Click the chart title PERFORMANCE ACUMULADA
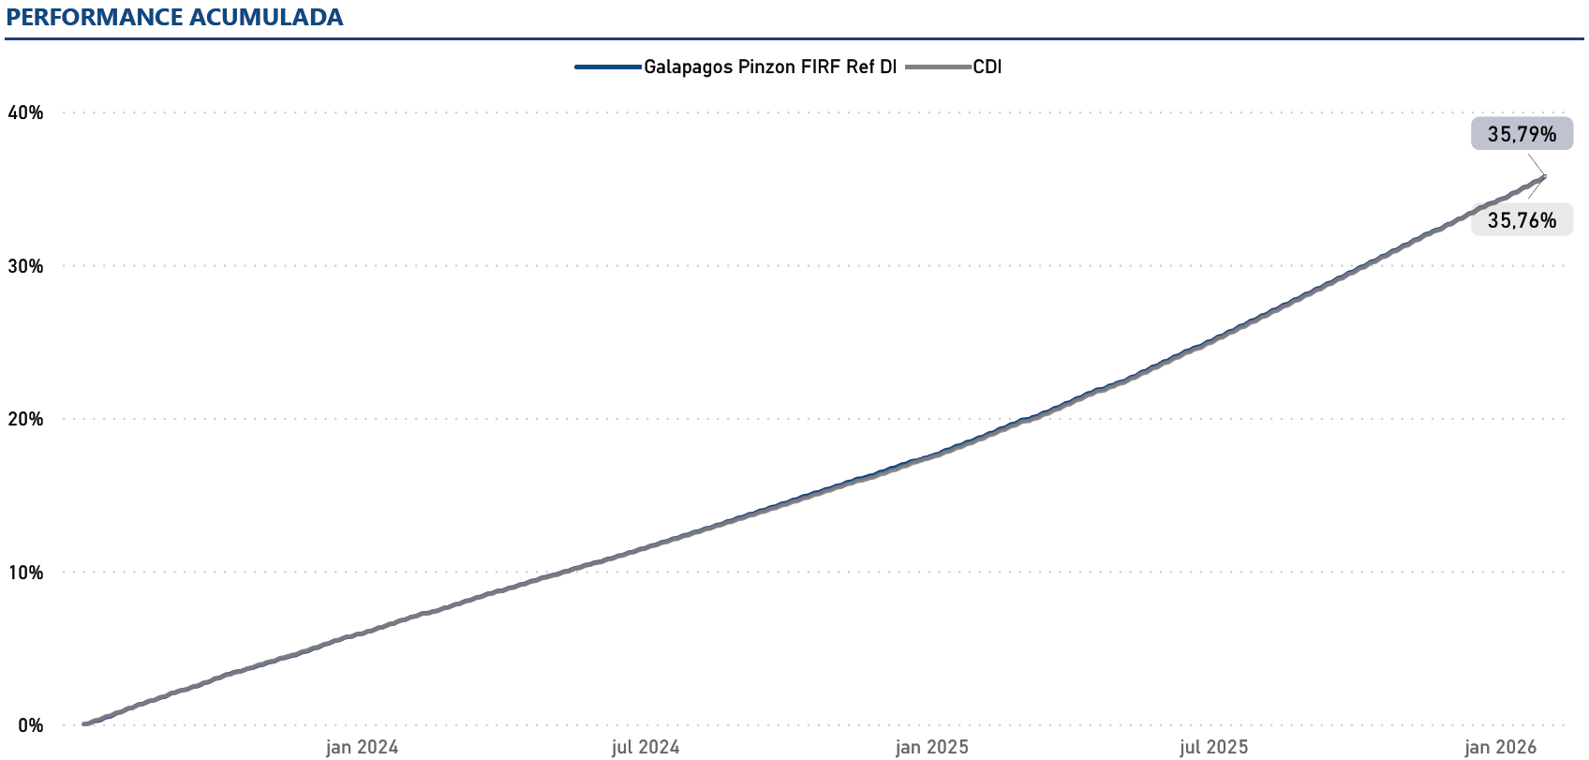click(174, 18)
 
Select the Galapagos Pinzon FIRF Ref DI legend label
click(769, 67)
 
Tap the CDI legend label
click(988, 67)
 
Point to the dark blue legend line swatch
click(608, 67)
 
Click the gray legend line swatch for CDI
click(939, 67)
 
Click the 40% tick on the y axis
click(25, 113)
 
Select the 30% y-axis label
click(25, 266)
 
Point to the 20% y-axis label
click(25, 420)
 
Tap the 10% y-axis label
click(25, 573)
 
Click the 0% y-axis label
click(30, 725)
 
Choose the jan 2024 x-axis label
click(362, 747)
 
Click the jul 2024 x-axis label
click(646, 747)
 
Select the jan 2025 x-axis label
click(931, 747)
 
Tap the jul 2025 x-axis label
click(1214, 747)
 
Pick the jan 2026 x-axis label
click(1500, 747)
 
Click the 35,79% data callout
click(1522, 134)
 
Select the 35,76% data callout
click(1522, 220)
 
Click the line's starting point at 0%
click(84, 723)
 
